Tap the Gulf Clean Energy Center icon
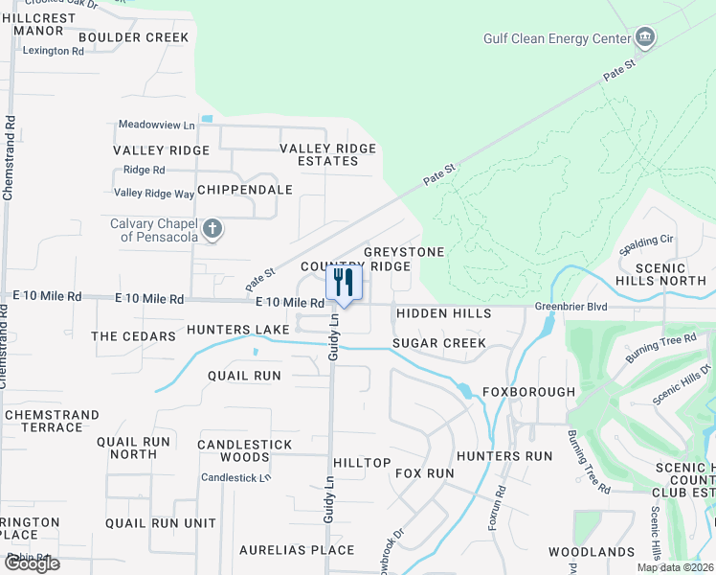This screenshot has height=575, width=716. pyautogui.click(x=645, y=38)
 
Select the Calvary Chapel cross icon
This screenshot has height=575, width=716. pyautogui.click(x=213, y=229)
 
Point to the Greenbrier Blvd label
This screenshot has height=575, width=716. pyautogui.click(x=571, y=307)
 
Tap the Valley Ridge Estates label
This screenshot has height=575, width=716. pyautogui.click(x=327, y=155)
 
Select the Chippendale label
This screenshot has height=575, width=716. pyautogui.click(x=244, y=190)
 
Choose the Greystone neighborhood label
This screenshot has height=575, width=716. pyautogui.click(x=404, y=252)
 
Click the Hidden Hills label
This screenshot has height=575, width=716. pyautogui.click(x=443, y=313)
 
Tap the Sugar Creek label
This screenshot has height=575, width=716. pyautogui.click(x=439, y=343)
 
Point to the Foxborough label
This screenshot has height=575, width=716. pyautogui.click(x=528, y=392)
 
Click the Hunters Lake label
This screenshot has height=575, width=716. pyautogui.click(x=238, y=330)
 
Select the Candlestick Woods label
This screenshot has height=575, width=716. pyautogui.click(x=244, y=451)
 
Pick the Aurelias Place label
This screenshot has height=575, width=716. pyautogui.click(x=297, y=550)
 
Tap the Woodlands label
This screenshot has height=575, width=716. pyautogui.click(x=592, y=552)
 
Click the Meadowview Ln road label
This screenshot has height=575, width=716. pyautogui.click(x=157, y=125)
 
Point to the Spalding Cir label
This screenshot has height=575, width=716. pyautogui.click(x=649, y=239)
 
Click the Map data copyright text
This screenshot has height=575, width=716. pyautogui.click(x=676, y=567)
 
